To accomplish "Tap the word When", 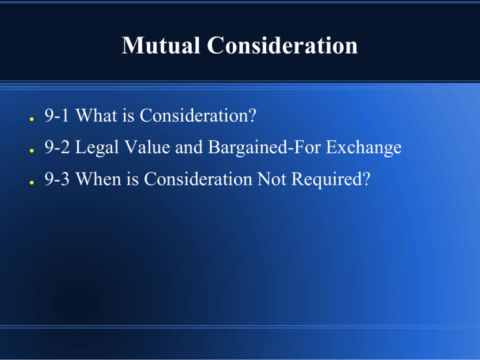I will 101,180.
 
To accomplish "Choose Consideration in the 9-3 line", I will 199,180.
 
